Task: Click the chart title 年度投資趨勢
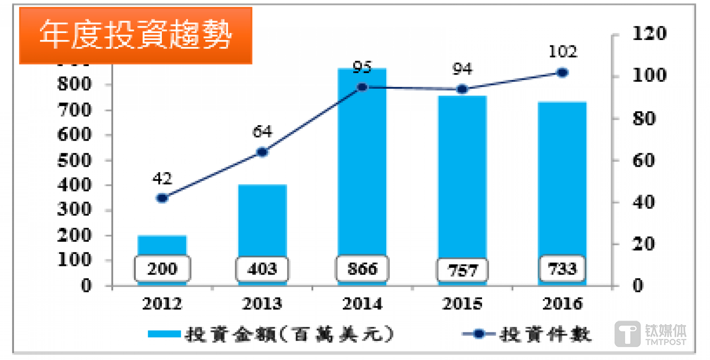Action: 135,36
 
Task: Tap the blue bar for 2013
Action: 262,222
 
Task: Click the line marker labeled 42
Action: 162,198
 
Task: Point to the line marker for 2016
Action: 562,73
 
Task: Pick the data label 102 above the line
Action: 562,52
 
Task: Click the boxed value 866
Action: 362,269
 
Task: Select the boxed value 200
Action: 162,269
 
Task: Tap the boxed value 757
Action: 462,270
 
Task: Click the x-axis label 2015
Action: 462,304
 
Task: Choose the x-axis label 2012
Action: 162,304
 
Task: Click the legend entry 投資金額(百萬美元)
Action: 271,334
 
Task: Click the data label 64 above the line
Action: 262,132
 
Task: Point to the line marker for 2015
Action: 462,89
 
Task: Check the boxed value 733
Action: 562,269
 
